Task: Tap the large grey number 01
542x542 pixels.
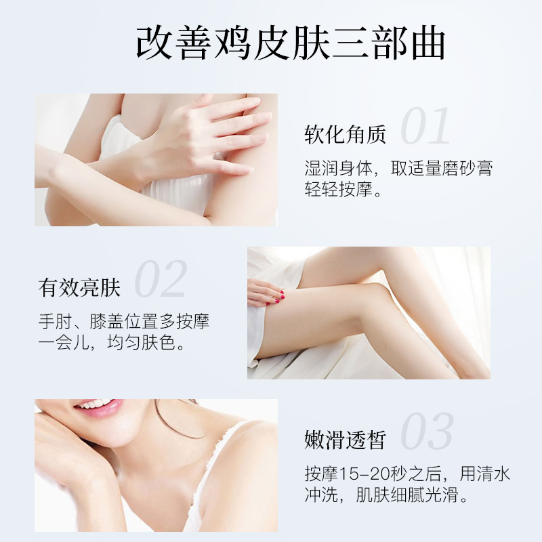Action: click(425, 126)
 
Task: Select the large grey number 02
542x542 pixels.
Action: click(161, 278)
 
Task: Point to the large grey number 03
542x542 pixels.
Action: click(427, 432)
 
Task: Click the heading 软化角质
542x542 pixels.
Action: click(345, 135)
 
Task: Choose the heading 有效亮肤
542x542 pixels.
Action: click(80, 288)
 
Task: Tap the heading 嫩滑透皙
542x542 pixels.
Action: click(345, 441)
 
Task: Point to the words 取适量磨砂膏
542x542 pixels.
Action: click(442, 168)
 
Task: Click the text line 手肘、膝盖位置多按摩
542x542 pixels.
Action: click(124, 321)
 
